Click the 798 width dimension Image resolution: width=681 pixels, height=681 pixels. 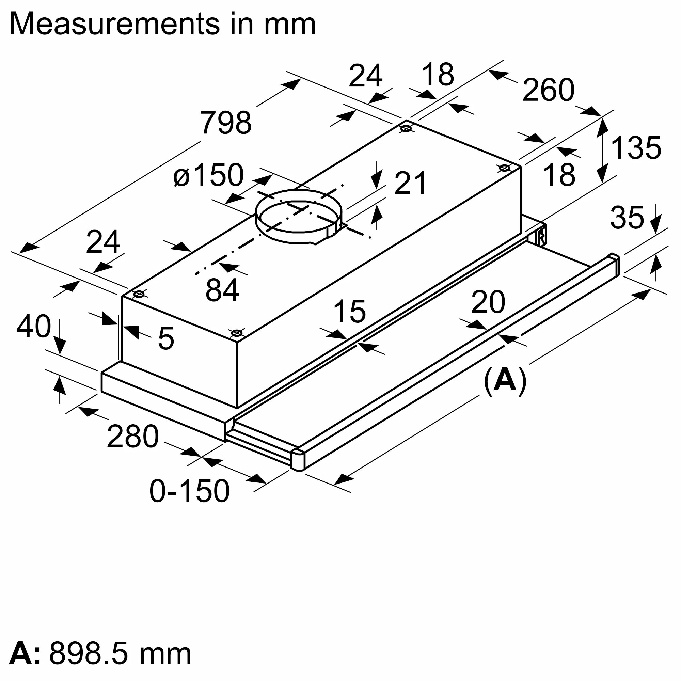tap(226, 123)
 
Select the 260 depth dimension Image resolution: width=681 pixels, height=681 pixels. tap(548, 90)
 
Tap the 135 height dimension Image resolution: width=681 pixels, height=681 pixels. tap(636, 148)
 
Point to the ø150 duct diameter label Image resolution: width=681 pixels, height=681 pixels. tap(208, 175)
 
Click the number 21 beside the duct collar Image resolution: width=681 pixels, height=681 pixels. tap(410, 183)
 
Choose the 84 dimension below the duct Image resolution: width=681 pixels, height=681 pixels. tap(222, 290)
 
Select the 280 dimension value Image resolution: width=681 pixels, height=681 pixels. tap(132, 437)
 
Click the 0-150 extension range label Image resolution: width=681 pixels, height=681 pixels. tap(189, 491)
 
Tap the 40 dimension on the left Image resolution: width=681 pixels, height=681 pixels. tap(33, 327)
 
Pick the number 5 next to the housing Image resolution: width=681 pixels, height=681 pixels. tap(166, 338)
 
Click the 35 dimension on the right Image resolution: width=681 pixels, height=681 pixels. tap(627, 218)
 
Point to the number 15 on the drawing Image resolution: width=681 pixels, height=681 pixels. tap(349, 311)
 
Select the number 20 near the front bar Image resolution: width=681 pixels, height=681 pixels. tap(488, 302)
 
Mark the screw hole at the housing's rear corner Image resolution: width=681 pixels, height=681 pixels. tap(406, 129)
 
